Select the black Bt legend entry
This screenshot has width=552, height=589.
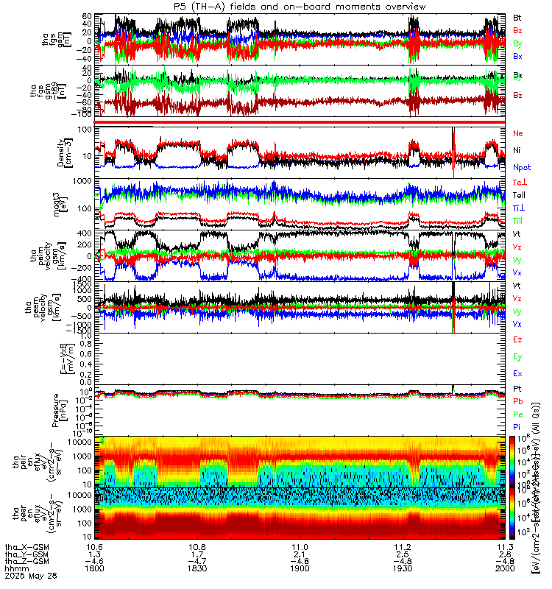point(517,16)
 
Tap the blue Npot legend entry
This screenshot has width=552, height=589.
point(520,168)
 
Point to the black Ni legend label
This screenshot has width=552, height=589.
point(517,150)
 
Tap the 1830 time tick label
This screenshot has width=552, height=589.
point(197,569)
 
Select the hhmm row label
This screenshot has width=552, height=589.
point(13,569)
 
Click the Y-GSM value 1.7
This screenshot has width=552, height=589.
point(197,554)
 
